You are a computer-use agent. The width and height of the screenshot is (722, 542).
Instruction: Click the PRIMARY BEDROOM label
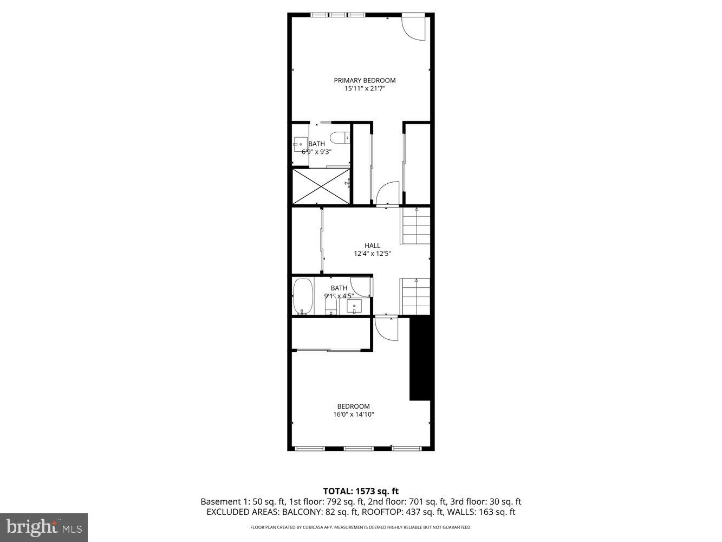tap(365, 80)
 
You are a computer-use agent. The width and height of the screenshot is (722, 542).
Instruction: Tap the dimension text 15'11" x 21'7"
tap(365, 89)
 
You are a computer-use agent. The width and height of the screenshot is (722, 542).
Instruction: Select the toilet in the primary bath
tap(340, 138)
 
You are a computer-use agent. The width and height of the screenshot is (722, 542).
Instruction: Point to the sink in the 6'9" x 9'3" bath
tap(300, 145)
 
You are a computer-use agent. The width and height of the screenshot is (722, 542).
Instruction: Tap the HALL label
tap(372, 246)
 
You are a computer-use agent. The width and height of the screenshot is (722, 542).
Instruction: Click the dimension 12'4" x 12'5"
tap(372, 254)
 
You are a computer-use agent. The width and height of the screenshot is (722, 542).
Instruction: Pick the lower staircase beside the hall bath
tap(415, 296)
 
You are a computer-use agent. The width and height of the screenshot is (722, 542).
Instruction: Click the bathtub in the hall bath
tap(303, 296)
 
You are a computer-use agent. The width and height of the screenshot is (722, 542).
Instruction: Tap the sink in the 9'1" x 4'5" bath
tap(354, 307)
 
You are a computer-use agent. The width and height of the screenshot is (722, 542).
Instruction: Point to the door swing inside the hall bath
tap(360, 287)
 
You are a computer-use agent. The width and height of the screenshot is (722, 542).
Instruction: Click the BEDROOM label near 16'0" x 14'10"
tap(353, 406)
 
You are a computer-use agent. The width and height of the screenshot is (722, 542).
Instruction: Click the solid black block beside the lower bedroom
tap(420, 359)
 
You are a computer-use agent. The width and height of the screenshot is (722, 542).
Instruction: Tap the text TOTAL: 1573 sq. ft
tap(361, 492)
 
